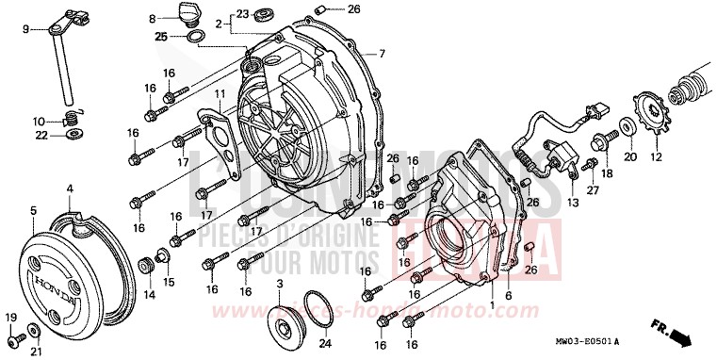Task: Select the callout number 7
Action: coord(383,53)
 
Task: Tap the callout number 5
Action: coord(32,210)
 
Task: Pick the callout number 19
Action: coord(12,317)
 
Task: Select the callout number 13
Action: coord(572,203)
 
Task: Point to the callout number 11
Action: coord(218,94)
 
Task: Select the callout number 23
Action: coord(242,13)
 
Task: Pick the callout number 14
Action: coord(149,295)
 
